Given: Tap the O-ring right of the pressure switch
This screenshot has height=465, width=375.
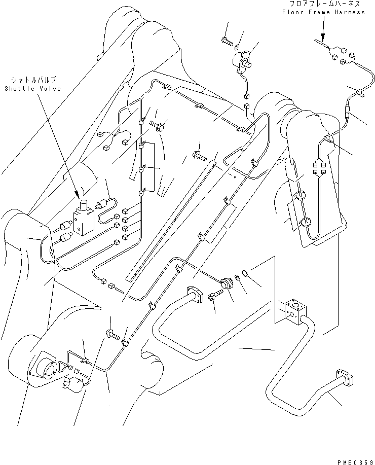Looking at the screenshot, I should click(x=244, y=274).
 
